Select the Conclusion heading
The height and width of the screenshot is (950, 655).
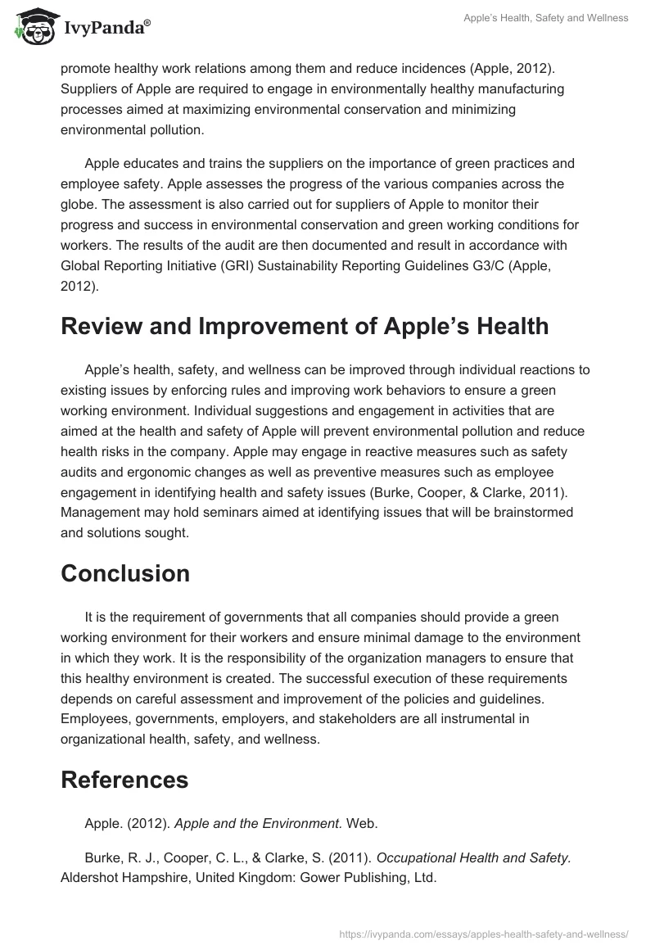pos(125,573)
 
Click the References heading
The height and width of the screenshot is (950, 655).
pos(124,780)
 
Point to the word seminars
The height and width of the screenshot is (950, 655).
pos(201,512)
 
